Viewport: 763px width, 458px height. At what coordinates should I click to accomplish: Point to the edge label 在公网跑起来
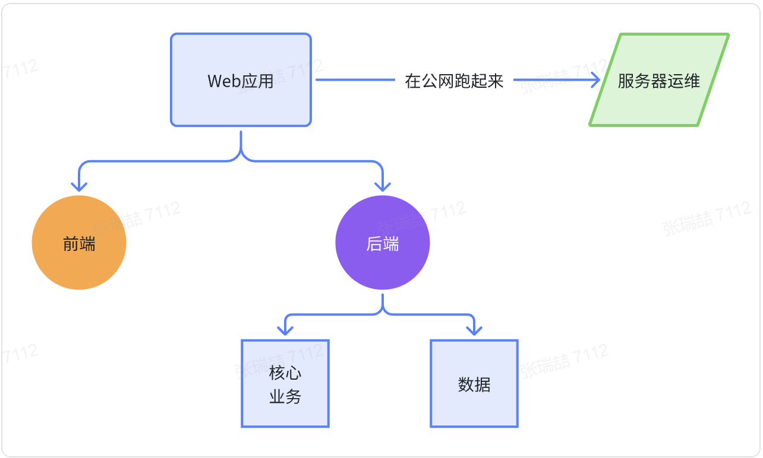[454, 81]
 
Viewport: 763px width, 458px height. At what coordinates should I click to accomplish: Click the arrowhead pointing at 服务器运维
[595, 80]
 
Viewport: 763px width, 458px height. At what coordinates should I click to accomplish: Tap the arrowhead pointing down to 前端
[79, 186]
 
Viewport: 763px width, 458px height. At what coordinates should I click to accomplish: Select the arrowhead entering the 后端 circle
[383, 186]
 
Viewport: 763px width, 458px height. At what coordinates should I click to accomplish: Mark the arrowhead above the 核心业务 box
[286, 329]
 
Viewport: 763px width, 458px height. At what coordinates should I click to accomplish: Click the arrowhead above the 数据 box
[474, 329]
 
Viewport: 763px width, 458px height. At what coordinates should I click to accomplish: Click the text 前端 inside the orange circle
[79, 244]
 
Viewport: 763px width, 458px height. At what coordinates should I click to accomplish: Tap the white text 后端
[383, 244]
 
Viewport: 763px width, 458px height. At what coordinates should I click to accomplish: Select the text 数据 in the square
[474, 384]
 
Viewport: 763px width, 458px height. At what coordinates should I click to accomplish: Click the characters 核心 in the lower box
[285, 373]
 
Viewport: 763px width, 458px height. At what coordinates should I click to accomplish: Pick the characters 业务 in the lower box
[285, 397]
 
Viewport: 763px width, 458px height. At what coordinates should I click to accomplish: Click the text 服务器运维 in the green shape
[658, 81]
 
